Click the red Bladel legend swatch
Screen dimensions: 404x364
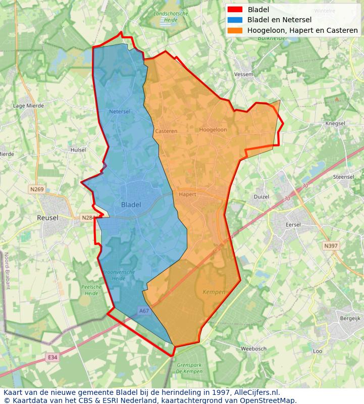(x=235, y=9)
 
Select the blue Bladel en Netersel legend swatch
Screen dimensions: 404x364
(x=235, y=20)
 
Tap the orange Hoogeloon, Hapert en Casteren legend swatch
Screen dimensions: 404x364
(x=235, y=30)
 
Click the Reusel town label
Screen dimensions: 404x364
(x=47, y=218)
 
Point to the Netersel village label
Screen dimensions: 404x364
(x=120, y=111)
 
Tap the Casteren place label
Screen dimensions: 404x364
(x=166, y=131)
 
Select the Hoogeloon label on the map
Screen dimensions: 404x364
(x=213, y=130)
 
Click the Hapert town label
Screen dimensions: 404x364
(x=187, y=194)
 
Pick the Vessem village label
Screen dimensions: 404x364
(x=244, y=74)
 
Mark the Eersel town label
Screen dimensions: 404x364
(x=293, y=225)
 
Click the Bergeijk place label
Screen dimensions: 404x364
(x=350, y=319)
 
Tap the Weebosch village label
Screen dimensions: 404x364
(x=253, y=348)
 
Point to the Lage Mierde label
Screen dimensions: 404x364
(x=28, y=106)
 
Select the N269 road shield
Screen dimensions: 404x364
(x=36, y=189)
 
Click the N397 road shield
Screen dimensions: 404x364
(x=331, y=246)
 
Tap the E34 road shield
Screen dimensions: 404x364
(x=53, y=358)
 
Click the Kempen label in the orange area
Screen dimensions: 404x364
(x=214, y=292)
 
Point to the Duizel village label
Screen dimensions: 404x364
(x=262, y=196)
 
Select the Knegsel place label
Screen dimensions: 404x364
(x=335, y=123)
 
